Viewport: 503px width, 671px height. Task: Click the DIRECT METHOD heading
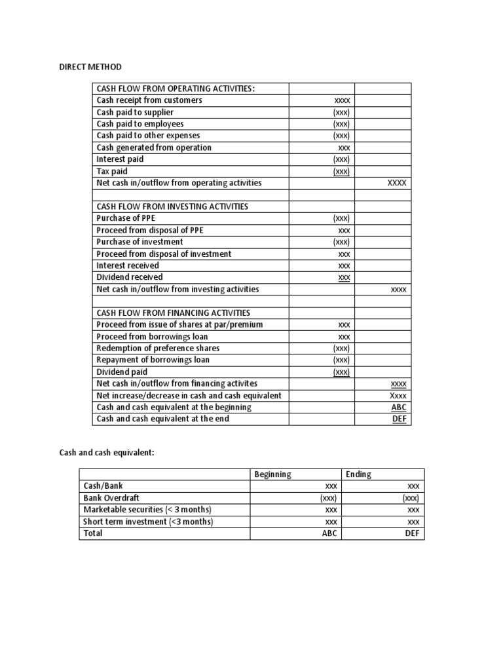(90, 67)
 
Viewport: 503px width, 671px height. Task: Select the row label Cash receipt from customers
(149, 100)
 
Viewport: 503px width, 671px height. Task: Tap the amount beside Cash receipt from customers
(342, 101)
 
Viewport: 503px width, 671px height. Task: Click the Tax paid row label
(112, 171)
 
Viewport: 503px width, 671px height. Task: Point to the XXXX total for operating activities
(397, 183)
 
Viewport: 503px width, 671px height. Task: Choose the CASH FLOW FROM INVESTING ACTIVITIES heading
(172, 206)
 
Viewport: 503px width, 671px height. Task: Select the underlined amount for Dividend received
(344, 278)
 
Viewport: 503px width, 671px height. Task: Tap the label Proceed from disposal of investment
(164, 254)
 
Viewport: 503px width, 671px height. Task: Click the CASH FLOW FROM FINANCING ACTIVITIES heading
(173, 313)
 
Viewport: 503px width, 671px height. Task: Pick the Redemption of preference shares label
(158, 348)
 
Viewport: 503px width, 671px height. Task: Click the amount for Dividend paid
(341, 372)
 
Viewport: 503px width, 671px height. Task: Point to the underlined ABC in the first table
(398, 408)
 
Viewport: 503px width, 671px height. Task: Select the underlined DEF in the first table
(399, 419)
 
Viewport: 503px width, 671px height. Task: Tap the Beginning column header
(272, 474)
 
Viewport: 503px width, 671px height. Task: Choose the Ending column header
(358, 474)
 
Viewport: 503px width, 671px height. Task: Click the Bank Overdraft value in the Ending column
(411, 498)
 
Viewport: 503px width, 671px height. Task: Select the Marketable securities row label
(147, 510)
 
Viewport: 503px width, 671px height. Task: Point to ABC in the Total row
(329, 533)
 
